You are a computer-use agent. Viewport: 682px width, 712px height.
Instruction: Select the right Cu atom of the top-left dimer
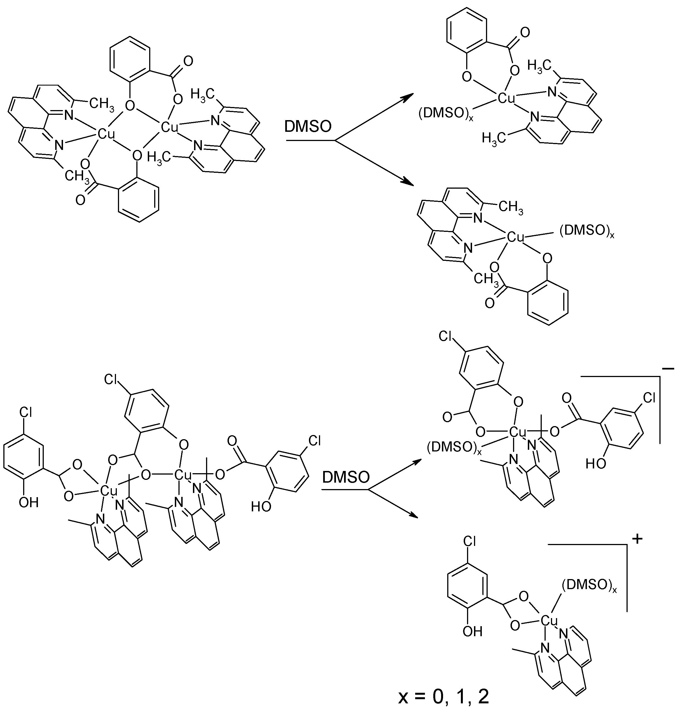click(170, 127)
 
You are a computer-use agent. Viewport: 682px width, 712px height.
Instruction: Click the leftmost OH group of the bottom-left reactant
click(28, 502)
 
